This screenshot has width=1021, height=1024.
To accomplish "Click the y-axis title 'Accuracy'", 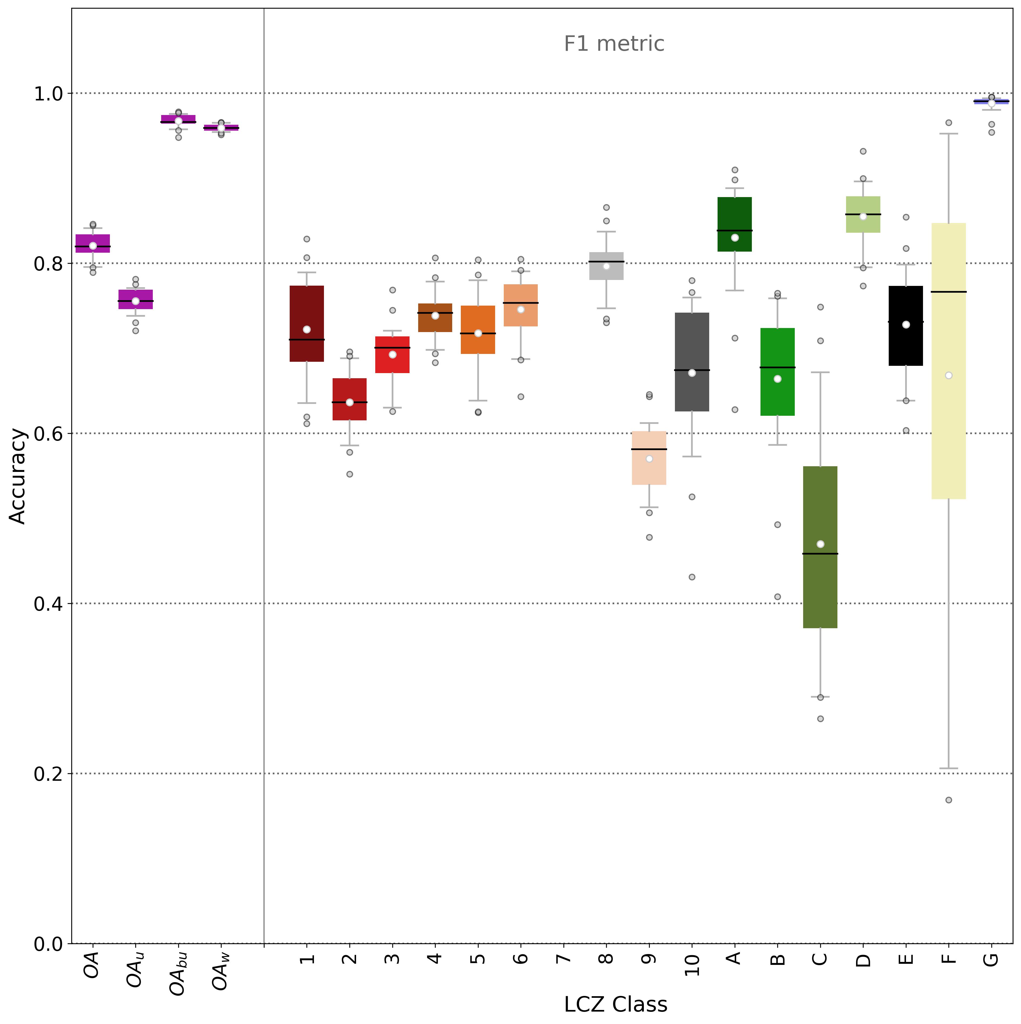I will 18,476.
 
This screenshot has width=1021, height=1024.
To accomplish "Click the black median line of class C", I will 820,553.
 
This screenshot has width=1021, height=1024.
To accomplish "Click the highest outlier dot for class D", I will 863,151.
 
